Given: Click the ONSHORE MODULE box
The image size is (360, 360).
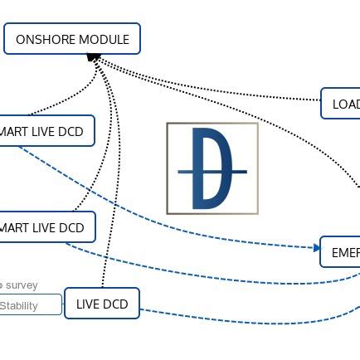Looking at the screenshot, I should (x=72, y=39).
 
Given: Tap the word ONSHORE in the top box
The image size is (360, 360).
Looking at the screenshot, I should (x=43, y=39).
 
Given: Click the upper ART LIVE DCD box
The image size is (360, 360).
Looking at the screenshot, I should (x=46, y=131).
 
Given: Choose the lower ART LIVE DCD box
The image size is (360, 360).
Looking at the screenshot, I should (x=46, y=227).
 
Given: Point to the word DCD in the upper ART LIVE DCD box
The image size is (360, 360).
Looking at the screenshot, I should (x=71, y=131).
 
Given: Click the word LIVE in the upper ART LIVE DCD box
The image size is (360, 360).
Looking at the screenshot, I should (x=42, y=131).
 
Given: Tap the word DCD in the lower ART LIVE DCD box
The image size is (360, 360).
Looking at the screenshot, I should (x=71, y=227).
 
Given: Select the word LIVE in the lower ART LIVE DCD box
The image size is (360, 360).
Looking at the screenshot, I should (x=42, y=227).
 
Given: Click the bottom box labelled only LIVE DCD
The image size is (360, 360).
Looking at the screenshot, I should (x=102, y=304).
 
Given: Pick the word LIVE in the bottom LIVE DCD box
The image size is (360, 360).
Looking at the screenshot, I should (x=88, y=304).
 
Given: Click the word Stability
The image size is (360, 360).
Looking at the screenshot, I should (x=18, y=305).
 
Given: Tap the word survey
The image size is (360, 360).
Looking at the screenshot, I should (x=22, y=285).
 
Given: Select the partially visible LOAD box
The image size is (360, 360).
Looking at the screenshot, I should (x=343, y=105).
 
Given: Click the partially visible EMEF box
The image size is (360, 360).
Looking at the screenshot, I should (x=343, y=251).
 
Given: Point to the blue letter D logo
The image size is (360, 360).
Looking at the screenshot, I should (x=212, y=168).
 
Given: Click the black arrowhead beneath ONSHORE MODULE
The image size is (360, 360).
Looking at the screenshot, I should (x=94, y=58).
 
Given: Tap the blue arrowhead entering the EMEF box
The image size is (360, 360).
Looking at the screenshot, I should (x=317, y=246).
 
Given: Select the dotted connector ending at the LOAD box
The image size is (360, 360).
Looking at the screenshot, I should (x=249, y=90).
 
